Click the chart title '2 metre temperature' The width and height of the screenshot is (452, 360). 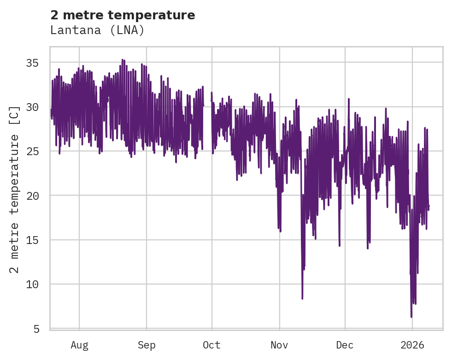123,15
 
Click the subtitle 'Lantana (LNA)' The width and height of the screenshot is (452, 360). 97,30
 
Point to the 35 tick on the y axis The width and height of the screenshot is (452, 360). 36,63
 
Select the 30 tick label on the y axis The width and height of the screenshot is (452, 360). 36,107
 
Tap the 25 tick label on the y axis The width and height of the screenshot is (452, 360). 36,151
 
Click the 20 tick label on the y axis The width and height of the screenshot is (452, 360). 36,196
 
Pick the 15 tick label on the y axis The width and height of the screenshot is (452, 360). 36,240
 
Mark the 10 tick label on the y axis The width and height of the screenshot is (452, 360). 36,284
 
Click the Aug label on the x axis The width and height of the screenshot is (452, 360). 79,345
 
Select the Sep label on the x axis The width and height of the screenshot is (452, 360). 147,345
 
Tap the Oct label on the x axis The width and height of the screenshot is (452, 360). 211,345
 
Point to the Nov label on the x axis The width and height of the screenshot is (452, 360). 279,345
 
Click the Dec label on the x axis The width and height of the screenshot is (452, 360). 345,345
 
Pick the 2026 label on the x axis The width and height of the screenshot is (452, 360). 412,345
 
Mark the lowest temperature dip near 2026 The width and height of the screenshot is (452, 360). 411,316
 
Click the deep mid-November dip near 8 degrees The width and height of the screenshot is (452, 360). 302,298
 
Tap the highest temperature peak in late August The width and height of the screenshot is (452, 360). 122,60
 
